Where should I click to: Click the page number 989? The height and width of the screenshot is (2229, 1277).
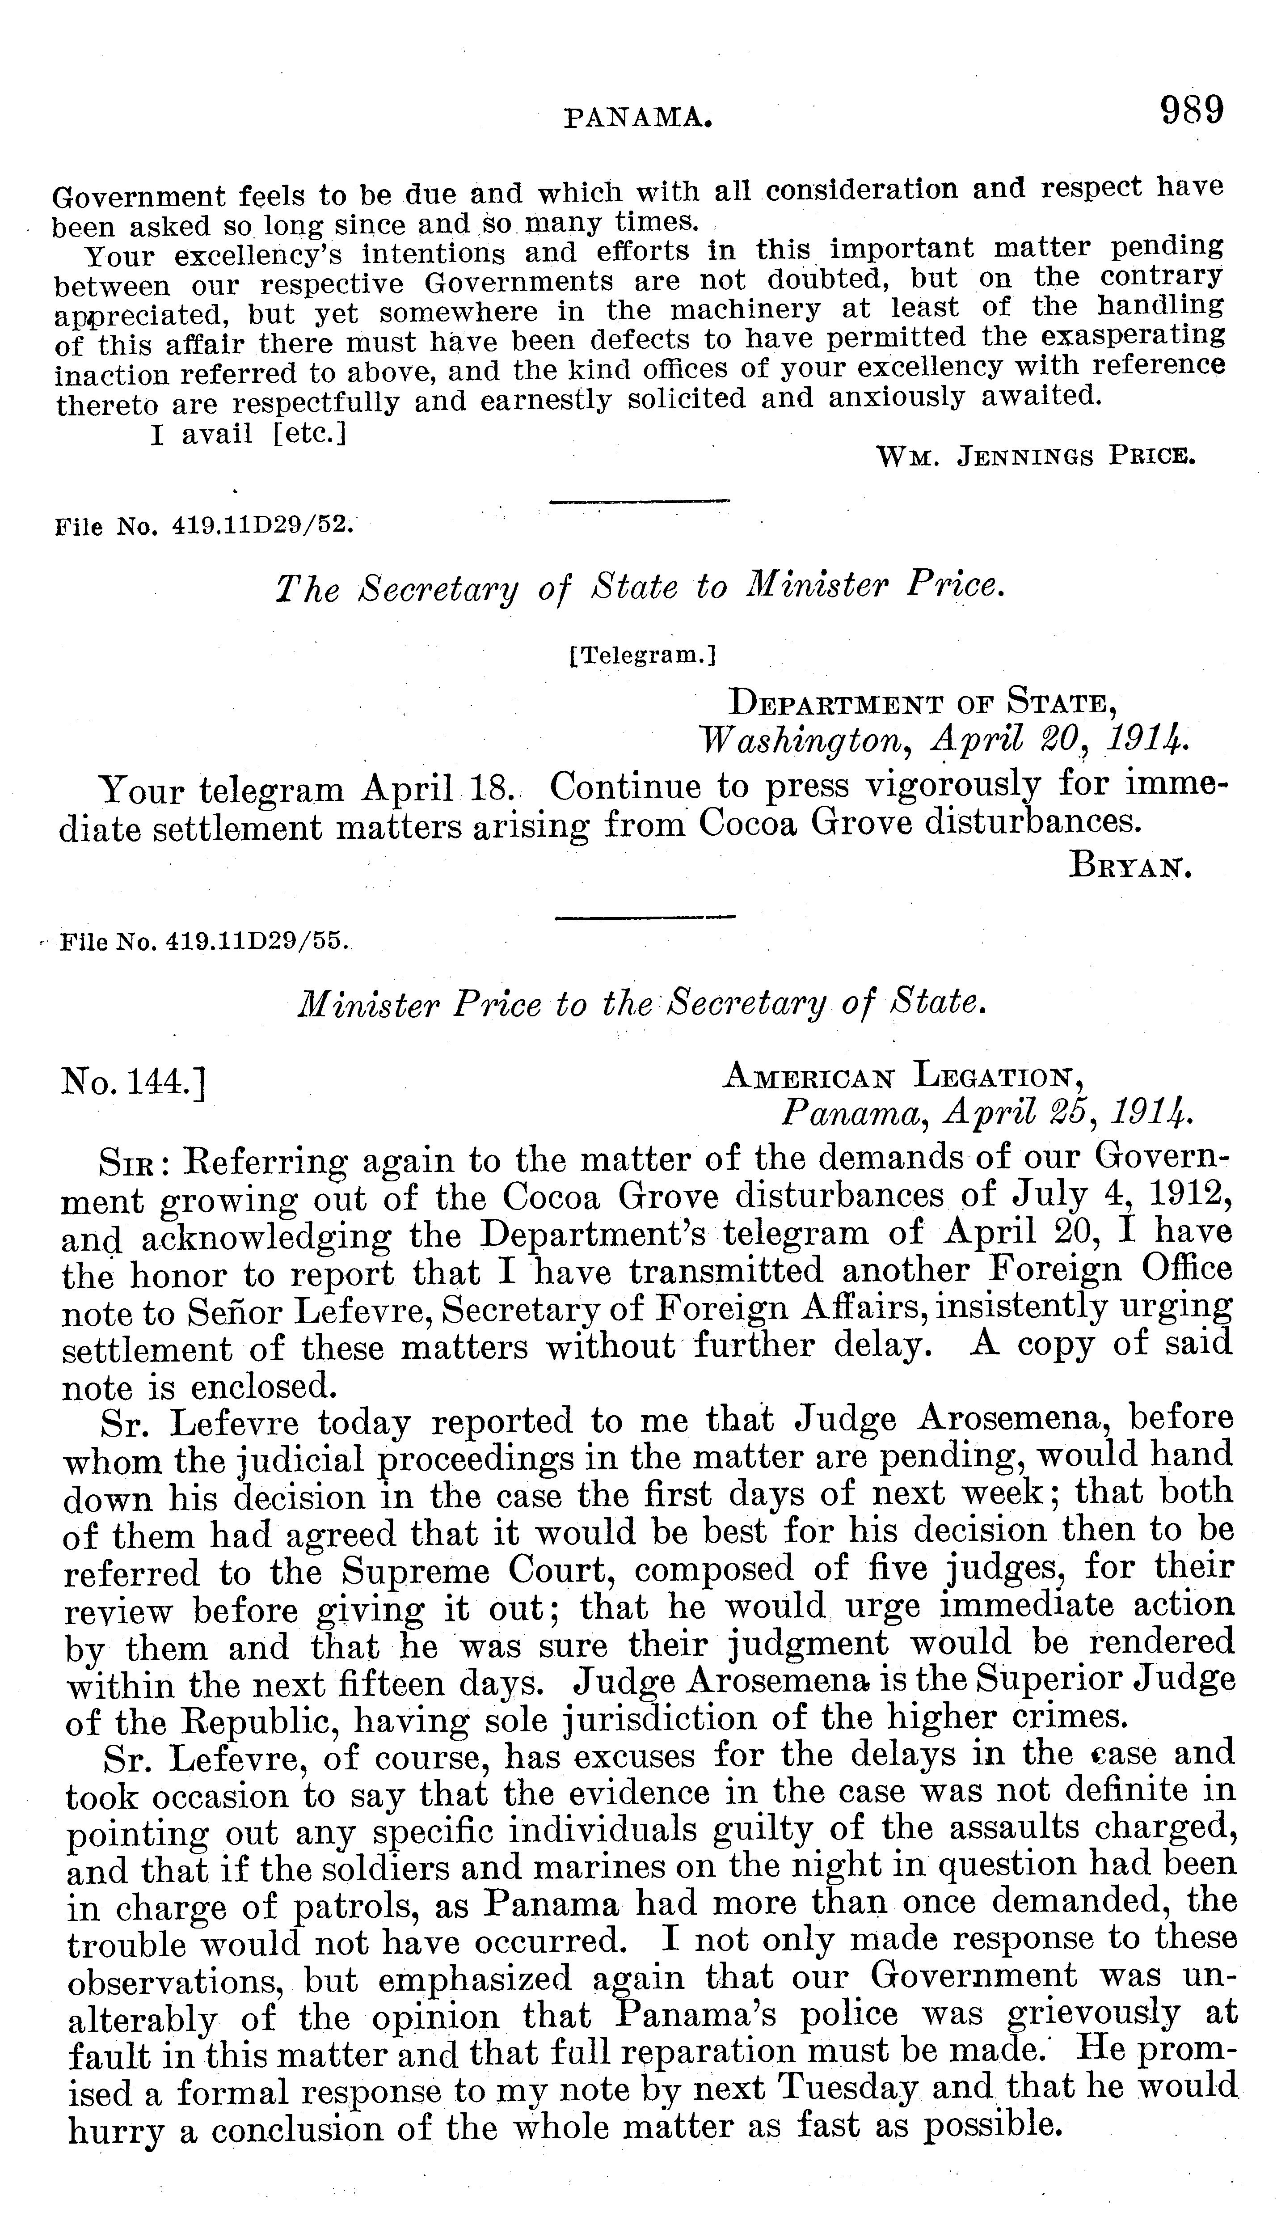1191,112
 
